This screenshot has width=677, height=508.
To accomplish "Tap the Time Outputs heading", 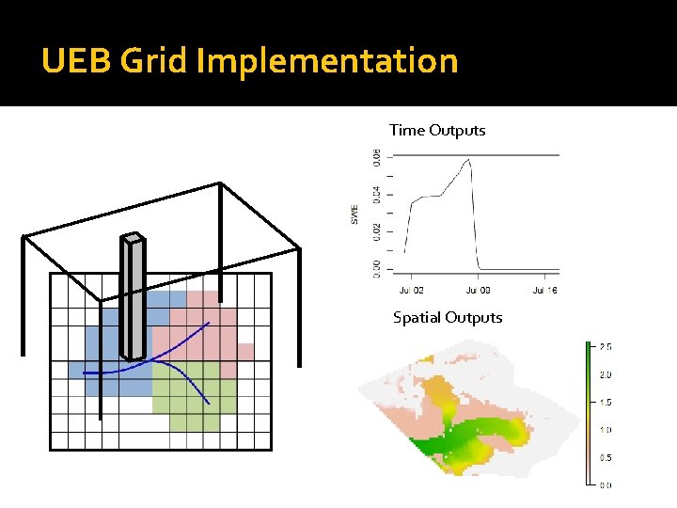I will tap(437, 131).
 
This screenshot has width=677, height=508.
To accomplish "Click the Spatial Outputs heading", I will tap(448, 318).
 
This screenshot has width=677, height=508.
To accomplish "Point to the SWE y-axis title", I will tap(354, 215).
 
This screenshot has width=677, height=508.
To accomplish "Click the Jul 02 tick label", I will tap(412, 291).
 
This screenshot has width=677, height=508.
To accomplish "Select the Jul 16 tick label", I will tap(545, 291).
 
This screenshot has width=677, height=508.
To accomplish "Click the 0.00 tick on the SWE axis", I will tap(377, 268).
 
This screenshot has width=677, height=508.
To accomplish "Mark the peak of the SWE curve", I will tap(468, 160).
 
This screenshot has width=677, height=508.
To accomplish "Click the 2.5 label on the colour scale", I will tap(606, 347).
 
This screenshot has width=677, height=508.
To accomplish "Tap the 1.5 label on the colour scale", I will tap(606, 402).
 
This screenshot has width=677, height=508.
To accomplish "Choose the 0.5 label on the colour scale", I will tap(606, 457).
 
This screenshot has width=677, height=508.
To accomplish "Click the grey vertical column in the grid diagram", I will tap(133, 301).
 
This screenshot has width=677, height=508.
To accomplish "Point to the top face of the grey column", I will tap(134, 238).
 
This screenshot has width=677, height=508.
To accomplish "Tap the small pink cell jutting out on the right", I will tap(245, 352).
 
